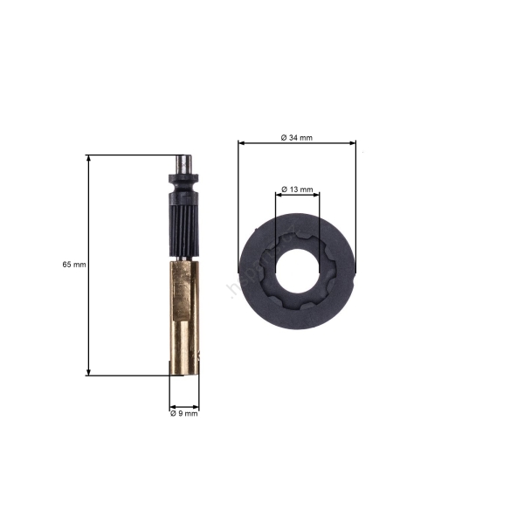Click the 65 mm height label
tap(74, 264)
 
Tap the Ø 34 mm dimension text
tap(297, 137)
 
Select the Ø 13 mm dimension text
tap(297, 190)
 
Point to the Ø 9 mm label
tap(183, 414)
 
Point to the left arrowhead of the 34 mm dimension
tap(242, 143)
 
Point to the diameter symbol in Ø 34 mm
tap(284, 137)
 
